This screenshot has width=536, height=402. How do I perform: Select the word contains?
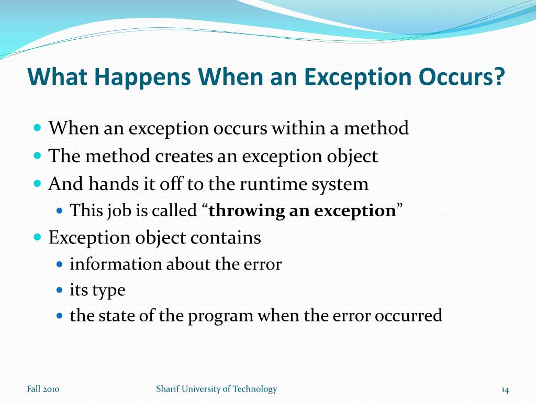tap(226, 238)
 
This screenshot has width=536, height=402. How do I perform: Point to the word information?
tap(116, 264)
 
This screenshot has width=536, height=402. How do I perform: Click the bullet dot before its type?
tap(59, 290)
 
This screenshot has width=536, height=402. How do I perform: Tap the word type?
tap(108, 291)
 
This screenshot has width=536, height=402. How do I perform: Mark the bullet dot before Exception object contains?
tap(37, 237)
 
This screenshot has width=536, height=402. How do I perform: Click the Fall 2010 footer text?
tap(43, 389)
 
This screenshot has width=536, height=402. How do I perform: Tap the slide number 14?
tap(505, 389)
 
